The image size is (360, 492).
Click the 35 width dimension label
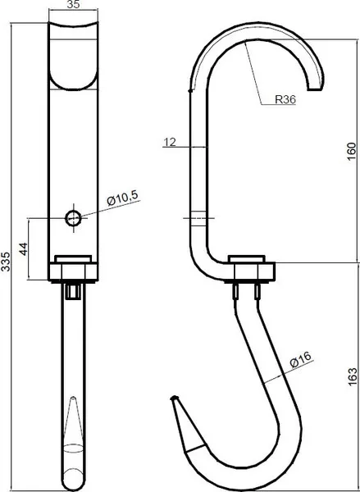click(x=73, y=4)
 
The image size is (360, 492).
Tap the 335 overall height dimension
click(x=6, y=261)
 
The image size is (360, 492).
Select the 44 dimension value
click(x=24, y=248)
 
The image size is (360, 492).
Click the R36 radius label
click(x=285, y=99)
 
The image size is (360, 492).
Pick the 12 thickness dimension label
click(x=170, y=143)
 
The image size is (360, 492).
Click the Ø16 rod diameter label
click(x=301, y=360)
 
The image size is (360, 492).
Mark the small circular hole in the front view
click(x=73, y=218)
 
